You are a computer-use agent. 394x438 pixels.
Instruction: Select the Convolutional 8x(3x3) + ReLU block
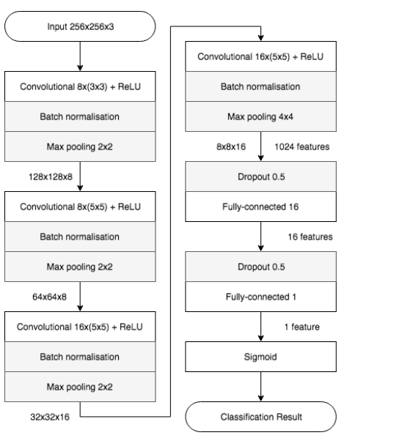[x=79, y=87]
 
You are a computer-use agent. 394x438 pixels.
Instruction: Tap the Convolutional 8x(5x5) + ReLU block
[x=79, y=207]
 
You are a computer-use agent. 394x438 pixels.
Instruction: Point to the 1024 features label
[x=302, y=146]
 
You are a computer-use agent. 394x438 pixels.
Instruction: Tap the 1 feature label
[x=302, y=327]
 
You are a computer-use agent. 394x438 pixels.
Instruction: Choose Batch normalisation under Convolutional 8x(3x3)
[x=79, y=116]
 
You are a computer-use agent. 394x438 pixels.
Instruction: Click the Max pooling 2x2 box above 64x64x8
[x=79, y=267]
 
